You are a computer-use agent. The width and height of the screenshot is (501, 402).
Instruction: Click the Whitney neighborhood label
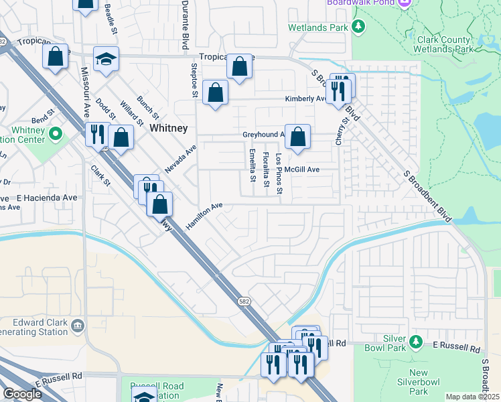168,127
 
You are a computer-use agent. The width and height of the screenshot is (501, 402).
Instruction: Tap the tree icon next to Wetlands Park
359,27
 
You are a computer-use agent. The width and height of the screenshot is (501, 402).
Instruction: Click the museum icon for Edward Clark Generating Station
78,326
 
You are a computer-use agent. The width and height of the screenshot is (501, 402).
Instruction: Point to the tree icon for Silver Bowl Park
416,342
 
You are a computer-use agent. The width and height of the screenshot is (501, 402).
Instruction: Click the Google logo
22,394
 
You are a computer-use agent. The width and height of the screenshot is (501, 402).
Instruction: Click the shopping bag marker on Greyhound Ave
297,137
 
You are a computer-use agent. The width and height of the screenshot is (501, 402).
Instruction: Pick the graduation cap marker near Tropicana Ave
106,59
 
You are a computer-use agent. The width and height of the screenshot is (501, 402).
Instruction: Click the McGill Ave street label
301,170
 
